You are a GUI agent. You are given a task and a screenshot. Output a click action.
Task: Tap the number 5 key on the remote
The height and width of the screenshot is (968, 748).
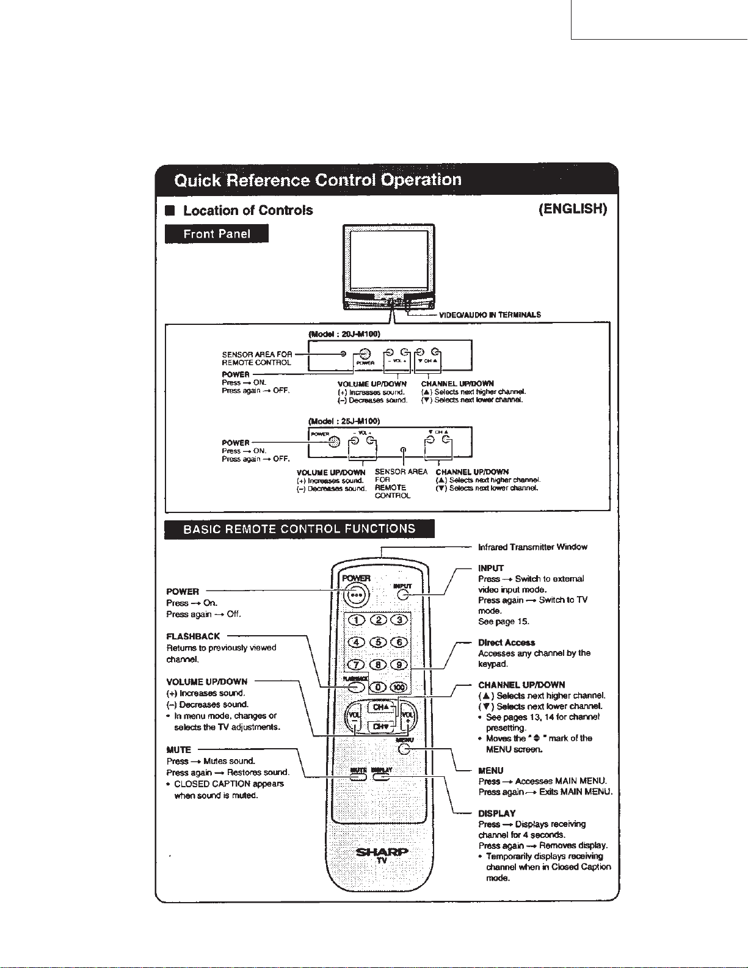(x=379, y=642)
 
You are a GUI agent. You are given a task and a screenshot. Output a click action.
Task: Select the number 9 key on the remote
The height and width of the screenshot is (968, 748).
(x=399, y=664)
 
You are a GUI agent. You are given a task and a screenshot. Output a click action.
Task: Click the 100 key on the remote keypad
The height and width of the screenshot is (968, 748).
(x=399, y=687)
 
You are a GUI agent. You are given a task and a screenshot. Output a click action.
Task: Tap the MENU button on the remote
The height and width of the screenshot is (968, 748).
(x=404, y=750)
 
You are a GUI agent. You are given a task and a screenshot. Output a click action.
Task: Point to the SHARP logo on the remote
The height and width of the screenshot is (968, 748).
(x=382, y=852)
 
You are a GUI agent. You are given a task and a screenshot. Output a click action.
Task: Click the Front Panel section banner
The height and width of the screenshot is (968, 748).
(x=217, y=234)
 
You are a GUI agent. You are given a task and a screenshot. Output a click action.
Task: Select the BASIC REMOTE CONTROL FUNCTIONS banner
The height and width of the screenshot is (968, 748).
(x=299, y=529)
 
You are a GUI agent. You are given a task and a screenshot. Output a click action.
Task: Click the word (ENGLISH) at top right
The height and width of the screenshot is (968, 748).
(x=573, y=209)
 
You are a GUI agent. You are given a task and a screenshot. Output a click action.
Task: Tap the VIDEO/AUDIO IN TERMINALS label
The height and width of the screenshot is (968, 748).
(x=490, y=315)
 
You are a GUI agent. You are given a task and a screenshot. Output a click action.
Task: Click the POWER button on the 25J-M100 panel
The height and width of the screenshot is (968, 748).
(x=333, y=443)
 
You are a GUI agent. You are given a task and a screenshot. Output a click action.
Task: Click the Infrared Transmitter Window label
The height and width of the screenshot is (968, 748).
(x=532, y=547)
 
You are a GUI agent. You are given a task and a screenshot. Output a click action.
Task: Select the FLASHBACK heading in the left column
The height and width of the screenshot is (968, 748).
(x=193, y=636)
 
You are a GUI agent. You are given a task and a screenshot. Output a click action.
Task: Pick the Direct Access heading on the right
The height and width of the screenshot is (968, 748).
(x=506, y=642)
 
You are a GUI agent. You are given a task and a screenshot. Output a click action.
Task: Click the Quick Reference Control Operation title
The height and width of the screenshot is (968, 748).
(x=318, y=180)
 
